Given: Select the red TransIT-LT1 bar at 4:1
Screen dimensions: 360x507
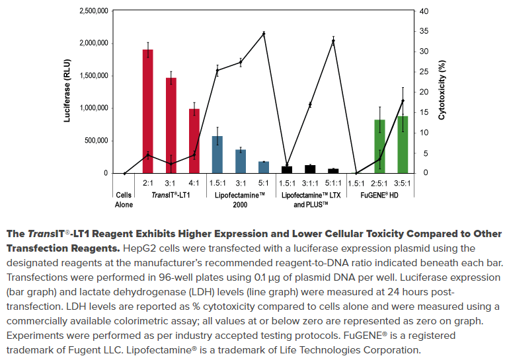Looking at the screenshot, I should (x=194, y=141).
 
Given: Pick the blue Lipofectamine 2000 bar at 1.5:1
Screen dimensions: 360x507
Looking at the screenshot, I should (x=217, y=155).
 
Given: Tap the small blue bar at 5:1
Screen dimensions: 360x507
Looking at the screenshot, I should (x=264, y=167).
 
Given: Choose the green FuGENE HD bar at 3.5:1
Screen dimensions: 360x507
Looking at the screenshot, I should (x=403, y=145).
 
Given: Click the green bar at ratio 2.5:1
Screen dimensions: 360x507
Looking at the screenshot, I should (x=379, y=146).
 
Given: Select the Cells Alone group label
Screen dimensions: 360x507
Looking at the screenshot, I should (x=124, y=200).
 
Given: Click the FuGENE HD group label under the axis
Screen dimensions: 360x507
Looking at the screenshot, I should (x=379, y=196).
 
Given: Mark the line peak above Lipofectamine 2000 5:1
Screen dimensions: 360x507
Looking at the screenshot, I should (x=264, y=33).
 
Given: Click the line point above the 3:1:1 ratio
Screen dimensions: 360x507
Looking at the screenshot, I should (x=310, y=105).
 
